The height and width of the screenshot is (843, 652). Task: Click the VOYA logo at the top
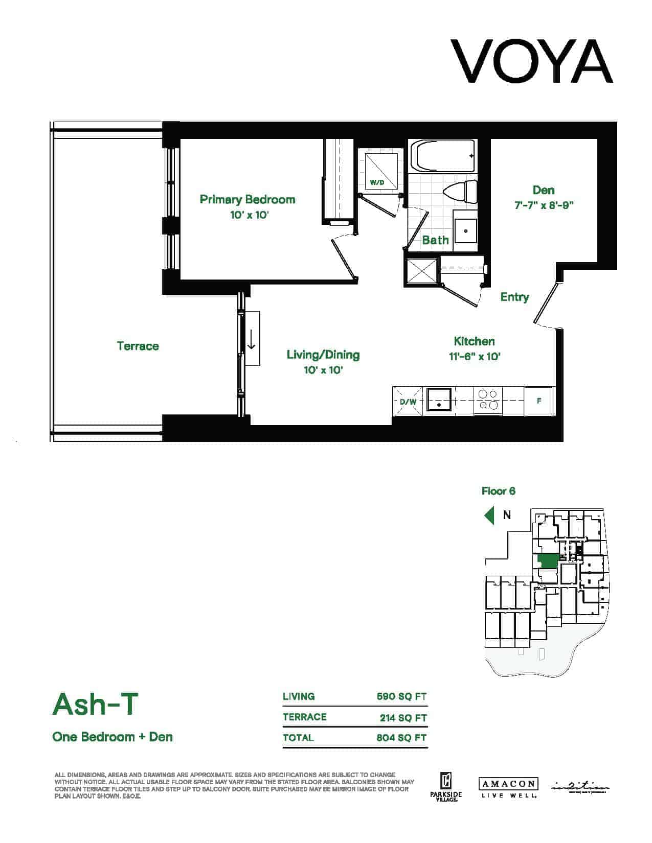click(x=531, y=61)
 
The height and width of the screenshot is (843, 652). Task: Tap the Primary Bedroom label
click(x=248, y=199)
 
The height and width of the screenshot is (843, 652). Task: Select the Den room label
click(x=543, y=190)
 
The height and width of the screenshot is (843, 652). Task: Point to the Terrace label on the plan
click(x=138, y=346)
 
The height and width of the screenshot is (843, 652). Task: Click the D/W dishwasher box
click(x=408, y=402)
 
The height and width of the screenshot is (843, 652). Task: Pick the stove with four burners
click(x=488, y=400)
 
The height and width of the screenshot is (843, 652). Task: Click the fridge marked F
click(x=539, y=401)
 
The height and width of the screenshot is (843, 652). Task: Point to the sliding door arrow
click(x=251, y=339)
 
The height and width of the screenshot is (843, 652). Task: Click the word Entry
click(x=514, y=297)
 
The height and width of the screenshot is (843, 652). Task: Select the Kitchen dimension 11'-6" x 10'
click(x=475, y=357)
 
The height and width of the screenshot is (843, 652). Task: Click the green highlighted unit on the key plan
click(x=547, y=561)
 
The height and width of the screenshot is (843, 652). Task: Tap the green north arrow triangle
click(x=490, y=515)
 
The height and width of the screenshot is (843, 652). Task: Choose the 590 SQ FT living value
click(x=401, y=697)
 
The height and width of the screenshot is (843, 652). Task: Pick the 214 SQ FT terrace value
click(x=403, y=718)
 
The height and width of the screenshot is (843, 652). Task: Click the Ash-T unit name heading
click(x=96, y=705)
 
